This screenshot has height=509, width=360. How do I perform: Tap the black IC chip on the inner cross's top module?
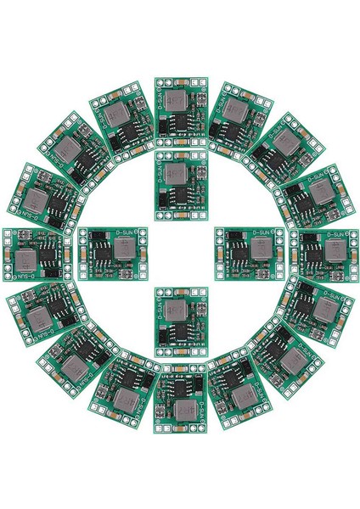coord(180,195)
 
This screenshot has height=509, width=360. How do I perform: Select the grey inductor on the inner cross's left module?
coord(123,249)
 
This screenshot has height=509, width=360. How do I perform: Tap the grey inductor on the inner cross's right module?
coord(258,249)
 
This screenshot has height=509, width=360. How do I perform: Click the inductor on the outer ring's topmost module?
coord(179,102)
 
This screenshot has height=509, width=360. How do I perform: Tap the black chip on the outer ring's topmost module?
coord(180,124)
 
